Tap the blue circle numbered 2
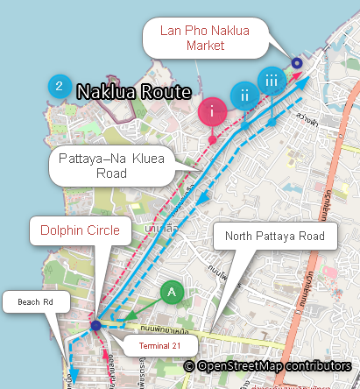(59, 86)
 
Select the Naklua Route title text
(134, 91)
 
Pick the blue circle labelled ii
(244, 95)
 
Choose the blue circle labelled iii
(272, 80)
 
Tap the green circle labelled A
(172, 291)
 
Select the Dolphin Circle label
(81, 233)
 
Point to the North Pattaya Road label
(275, 237)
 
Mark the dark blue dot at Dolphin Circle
(95, 326)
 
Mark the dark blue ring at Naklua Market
(296, 62)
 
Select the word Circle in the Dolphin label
(108, 233)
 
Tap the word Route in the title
(168, 91)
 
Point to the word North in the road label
(241, 237)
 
